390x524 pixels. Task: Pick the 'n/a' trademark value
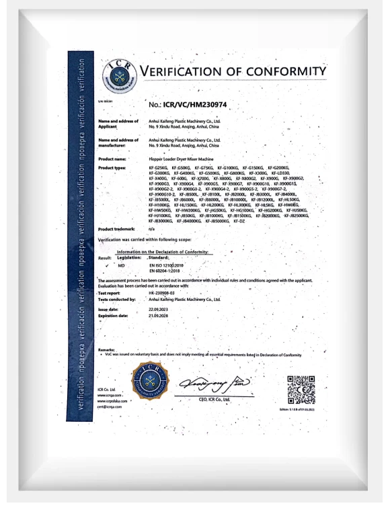click(x=152, y=228)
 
